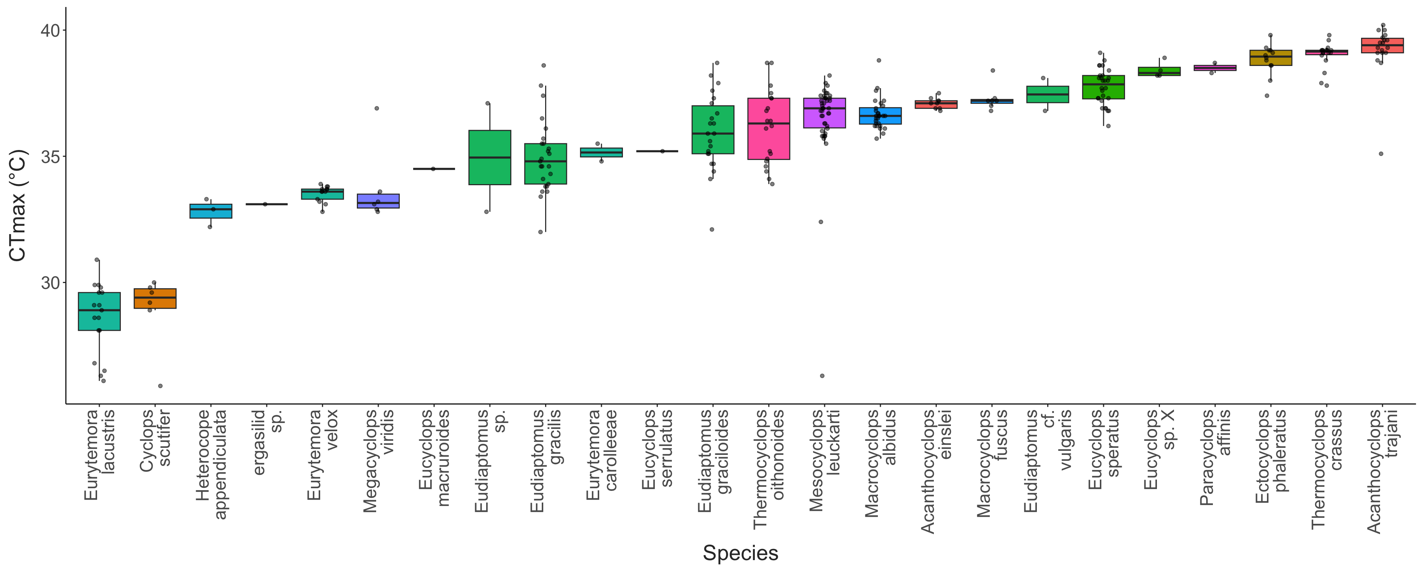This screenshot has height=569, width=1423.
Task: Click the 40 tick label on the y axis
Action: [50, 30]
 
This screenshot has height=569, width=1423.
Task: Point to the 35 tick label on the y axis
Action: [50, 157]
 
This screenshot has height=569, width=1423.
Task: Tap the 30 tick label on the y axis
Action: [50, 283]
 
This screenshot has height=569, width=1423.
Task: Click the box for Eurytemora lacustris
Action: [99, 312]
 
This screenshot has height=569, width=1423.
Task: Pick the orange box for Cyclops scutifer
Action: [155, 298]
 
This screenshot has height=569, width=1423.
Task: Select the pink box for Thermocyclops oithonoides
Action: [769, 129]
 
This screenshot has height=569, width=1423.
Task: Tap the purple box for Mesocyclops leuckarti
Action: [824, 113]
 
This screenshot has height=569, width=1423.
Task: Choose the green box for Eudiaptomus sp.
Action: [490, 157]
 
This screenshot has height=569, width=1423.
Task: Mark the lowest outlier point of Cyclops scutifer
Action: [160, 386]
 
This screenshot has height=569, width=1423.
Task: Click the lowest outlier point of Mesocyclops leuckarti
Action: [822, 376]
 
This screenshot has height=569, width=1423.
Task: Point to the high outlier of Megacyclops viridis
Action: [377, 108]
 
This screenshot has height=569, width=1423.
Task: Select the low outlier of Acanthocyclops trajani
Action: [1381, 154]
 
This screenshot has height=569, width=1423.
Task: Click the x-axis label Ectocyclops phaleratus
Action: [1271, 456]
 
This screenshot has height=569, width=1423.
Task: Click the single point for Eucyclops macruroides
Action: [433, 169]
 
